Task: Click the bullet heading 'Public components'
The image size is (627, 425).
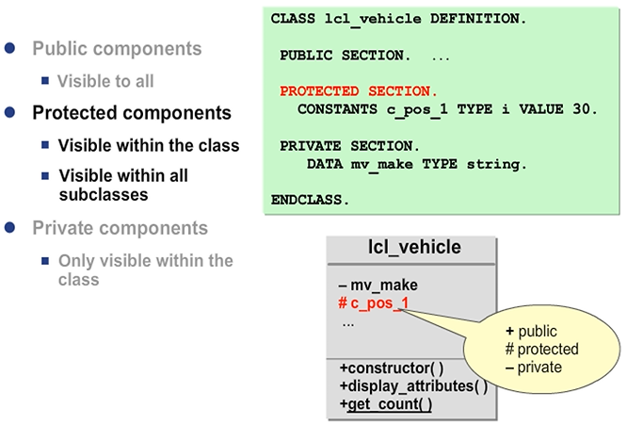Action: tap(117, 48)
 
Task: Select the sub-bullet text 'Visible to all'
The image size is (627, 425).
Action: tap(105, 81)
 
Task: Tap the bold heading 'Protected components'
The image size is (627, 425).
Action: tap(132, 113)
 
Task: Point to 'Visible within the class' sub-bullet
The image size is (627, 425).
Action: tap(149, 146)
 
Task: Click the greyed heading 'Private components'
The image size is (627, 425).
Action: tap(120, 228)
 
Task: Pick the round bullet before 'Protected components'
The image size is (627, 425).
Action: tap(10, 113)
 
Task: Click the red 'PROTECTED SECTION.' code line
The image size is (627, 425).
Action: tap(358, 91)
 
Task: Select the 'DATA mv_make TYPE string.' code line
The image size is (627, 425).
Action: tap(417, 164)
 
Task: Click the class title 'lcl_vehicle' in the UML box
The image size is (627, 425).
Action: tap(414, 248)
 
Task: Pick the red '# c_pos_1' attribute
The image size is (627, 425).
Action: tap(373, 302)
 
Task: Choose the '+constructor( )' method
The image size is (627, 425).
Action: tap(391, 368)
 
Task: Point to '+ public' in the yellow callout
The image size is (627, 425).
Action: tap(532, 332)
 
